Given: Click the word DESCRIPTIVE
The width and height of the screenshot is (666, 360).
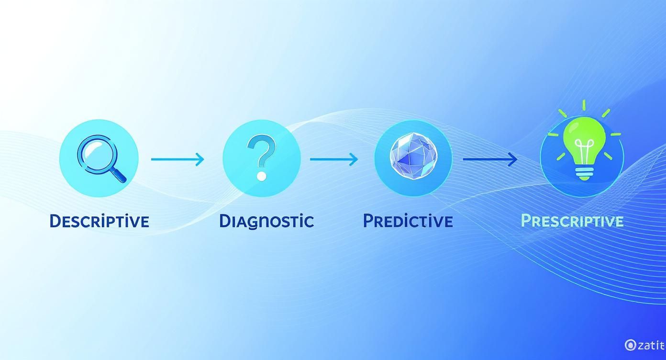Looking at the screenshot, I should (99, 221).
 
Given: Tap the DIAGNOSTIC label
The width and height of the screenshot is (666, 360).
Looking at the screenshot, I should (266, 221).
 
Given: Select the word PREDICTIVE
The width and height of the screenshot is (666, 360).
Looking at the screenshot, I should (408, 221).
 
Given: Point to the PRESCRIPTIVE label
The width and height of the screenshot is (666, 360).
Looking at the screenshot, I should (572, 221).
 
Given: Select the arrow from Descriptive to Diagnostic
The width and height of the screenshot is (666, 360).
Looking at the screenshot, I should (178, 159).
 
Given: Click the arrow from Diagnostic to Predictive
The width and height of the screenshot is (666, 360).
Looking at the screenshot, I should (334, 159).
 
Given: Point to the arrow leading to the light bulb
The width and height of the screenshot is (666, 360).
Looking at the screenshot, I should (490, 159).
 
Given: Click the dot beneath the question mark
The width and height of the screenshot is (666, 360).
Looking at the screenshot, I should (261, 176).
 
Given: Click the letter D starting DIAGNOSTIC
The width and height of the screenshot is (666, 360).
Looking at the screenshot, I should (225, 221).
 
